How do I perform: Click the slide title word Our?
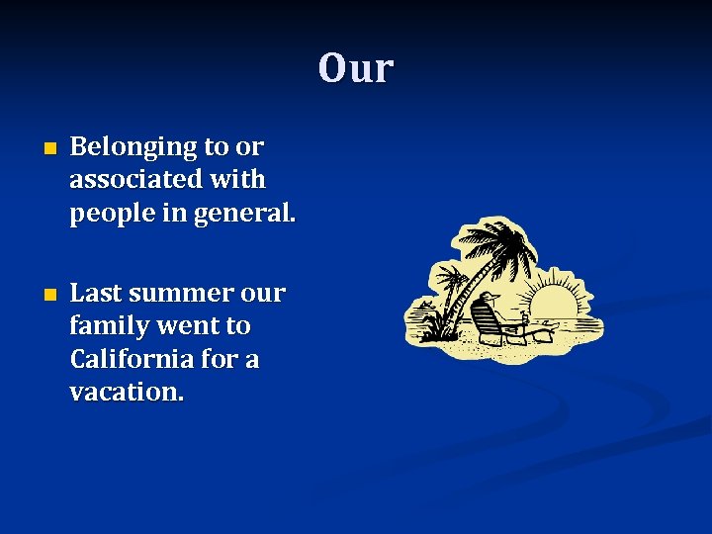click(x=356, y=69)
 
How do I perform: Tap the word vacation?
click(x=127, y=392)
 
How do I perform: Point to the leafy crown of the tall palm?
click(x=500, y=243)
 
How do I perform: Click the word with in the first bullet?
click(x=245, y=180)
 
